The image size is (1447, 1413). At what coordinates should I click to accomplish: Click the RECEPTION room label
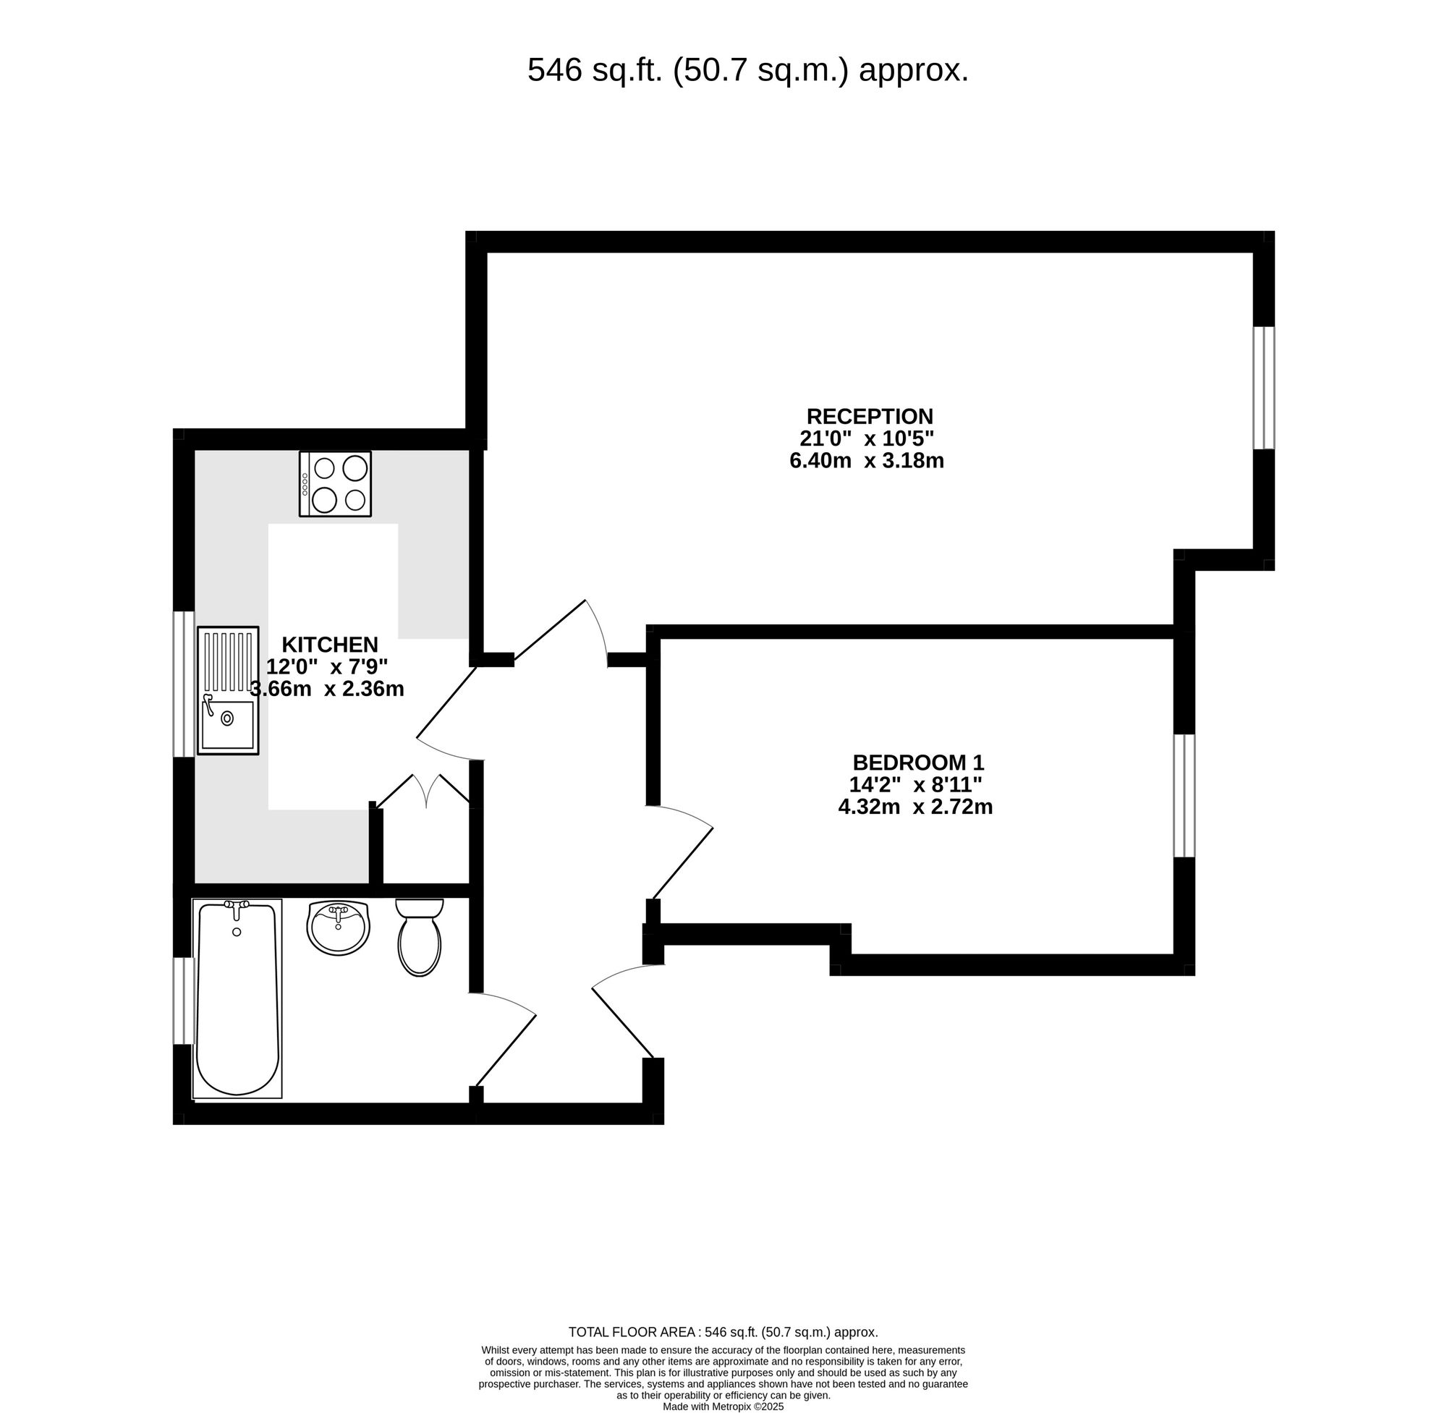(869, 416)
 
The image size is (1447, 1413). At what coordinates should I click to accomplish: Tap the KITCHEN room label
(329, 644)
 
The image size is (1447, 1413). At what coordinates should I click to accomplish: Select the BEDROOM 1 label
(917, 762)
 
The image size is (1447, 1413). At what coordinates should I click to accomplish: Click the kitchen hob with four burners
(336, 484)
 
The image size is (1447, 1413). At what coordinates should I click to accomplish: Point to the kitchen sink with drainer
(228, 690)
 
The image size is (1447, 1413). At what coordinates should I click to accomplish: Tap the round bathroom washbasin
(338, 928)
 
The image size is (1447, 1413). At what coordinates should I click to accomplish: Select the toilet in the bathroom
(419, 938)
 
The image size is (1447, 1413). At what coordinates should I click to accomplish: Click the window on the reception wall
(1264, 387)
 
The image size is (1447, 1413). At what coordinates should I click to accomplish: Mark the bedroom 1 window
(1184, 796)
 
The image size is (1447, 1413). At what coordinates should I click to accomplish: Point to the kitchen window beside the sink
(183, 684)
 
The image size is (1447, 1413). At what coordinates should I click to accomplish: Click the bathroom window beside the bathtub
(183, 1001)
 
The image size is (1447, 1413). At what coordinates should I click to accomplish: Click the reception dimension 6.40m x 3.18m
(866, 461)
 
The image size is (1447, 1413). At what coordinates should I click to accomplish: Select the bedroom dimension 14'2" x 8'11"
(916, 784)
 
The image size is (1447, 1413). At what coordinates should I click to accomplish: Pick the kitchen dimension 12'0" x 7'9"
(327, 666)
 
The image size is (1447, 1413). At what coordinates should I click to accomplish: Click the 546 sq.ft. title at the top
(747, 70)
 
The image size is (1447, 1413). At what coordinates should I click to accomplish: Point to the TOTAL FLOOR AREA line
(723, 1332)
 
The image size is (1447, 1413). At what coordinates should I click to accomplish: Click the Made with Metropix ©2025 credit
(723, 1406)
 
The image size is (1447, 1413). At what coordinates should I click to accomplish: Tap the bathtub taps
(237, 906)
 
